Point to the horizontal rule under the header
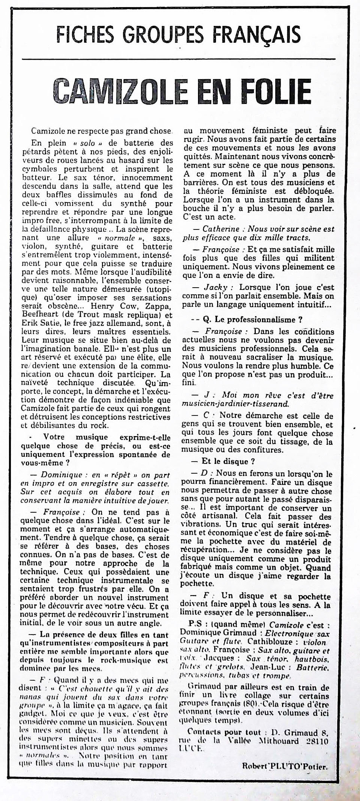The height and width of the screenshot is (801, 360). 178,59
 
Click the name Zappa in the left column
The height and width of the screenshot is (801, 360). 159,306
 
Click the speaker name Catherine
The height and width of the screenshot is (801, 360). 221,229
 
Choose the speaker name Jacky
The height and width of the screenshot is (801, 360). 216,287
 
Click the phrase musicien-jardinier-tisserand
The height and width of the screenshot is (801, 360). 235,404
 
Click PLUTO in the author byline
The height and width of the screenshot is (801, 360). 288,766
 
